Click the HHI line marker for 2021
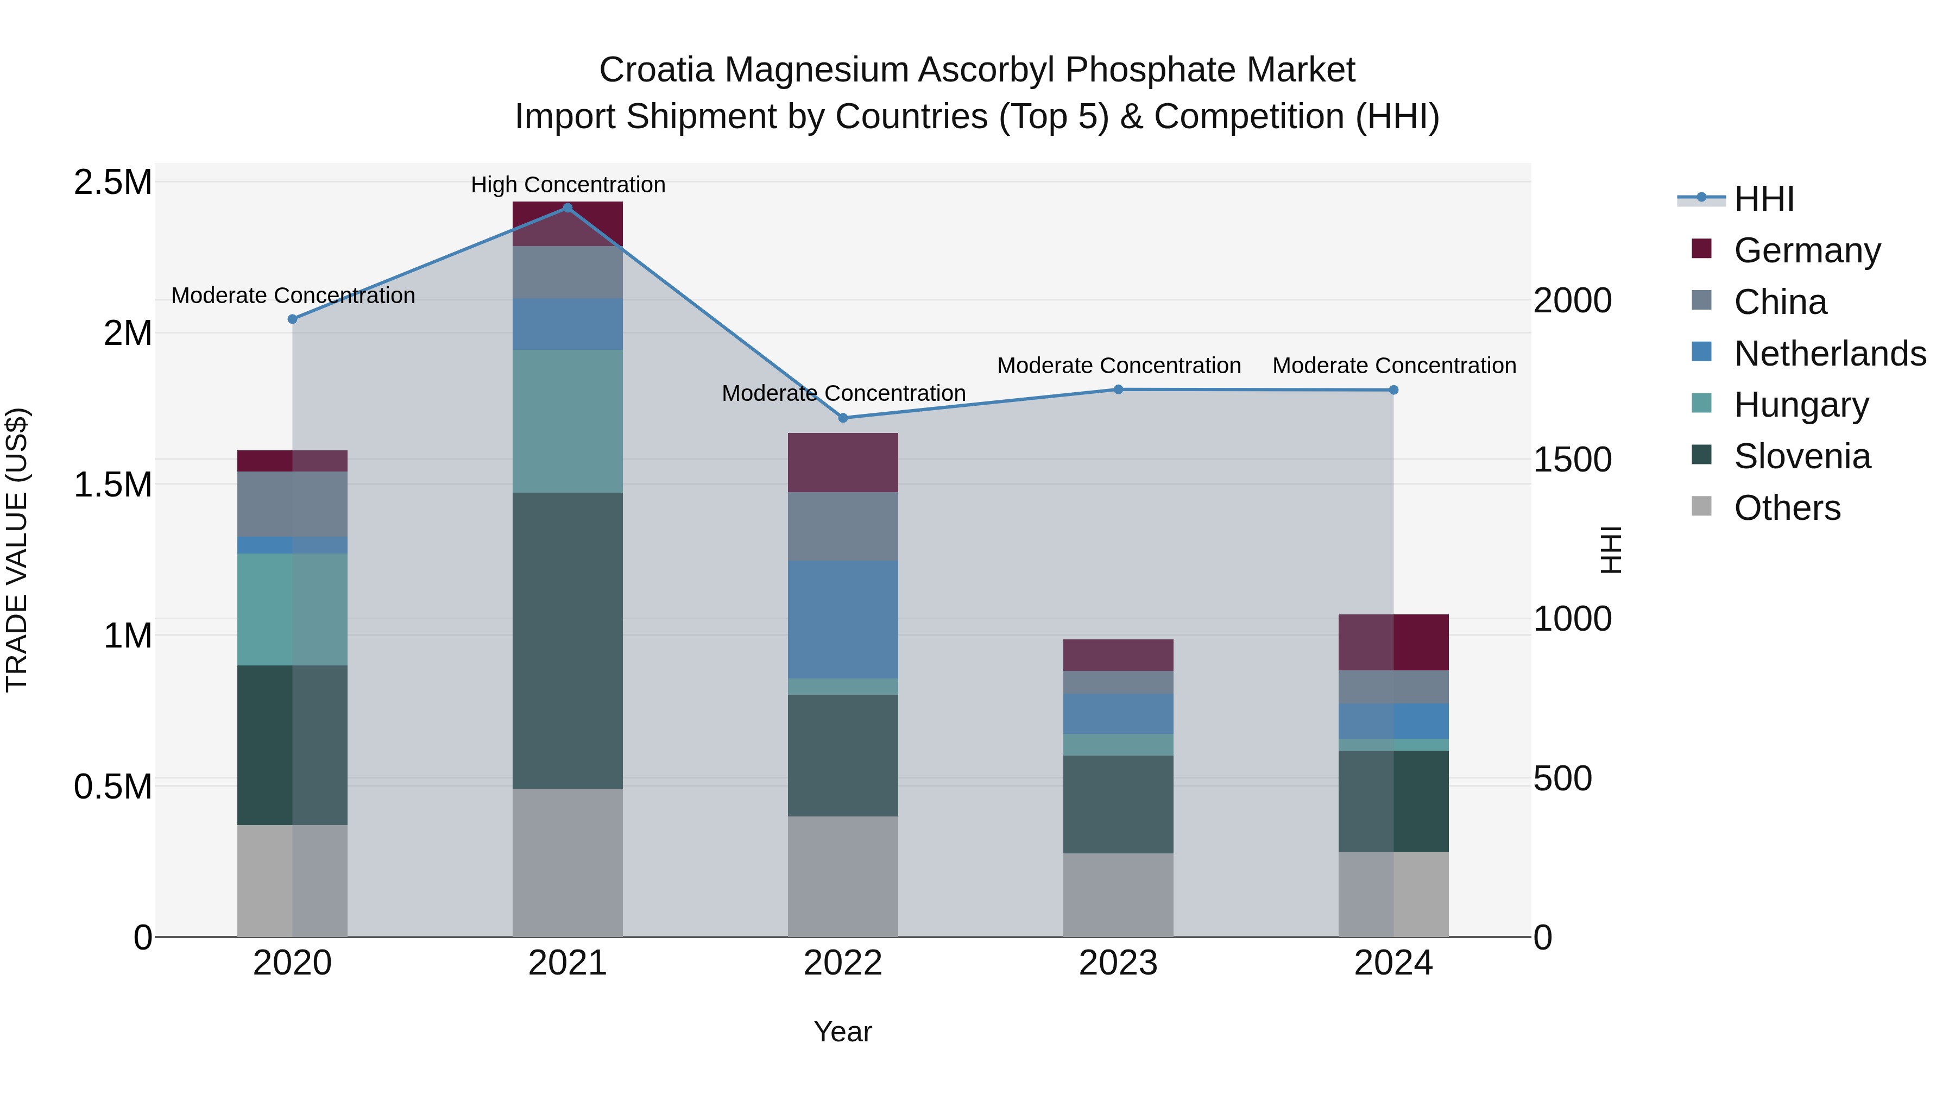tap(567, 208)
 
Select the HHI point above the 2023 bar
tap(1118, 389)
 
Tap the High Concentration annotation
tap(567, 185)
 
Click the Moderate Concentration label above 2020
tap(293, 296)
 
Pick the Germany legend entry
tap(1807, 250)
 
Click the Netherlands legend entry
tap(1829, 354)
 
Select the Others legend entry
tap(1787, 508)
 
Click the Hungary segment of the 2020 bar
tap(292, 609)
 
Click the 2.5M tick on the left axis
tap(112, 183)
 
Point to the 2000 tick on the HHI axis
tap(1572, 300)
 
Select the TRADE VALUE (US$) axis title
tap(17, 550)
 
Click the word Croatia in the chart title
tap(657, 70)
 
